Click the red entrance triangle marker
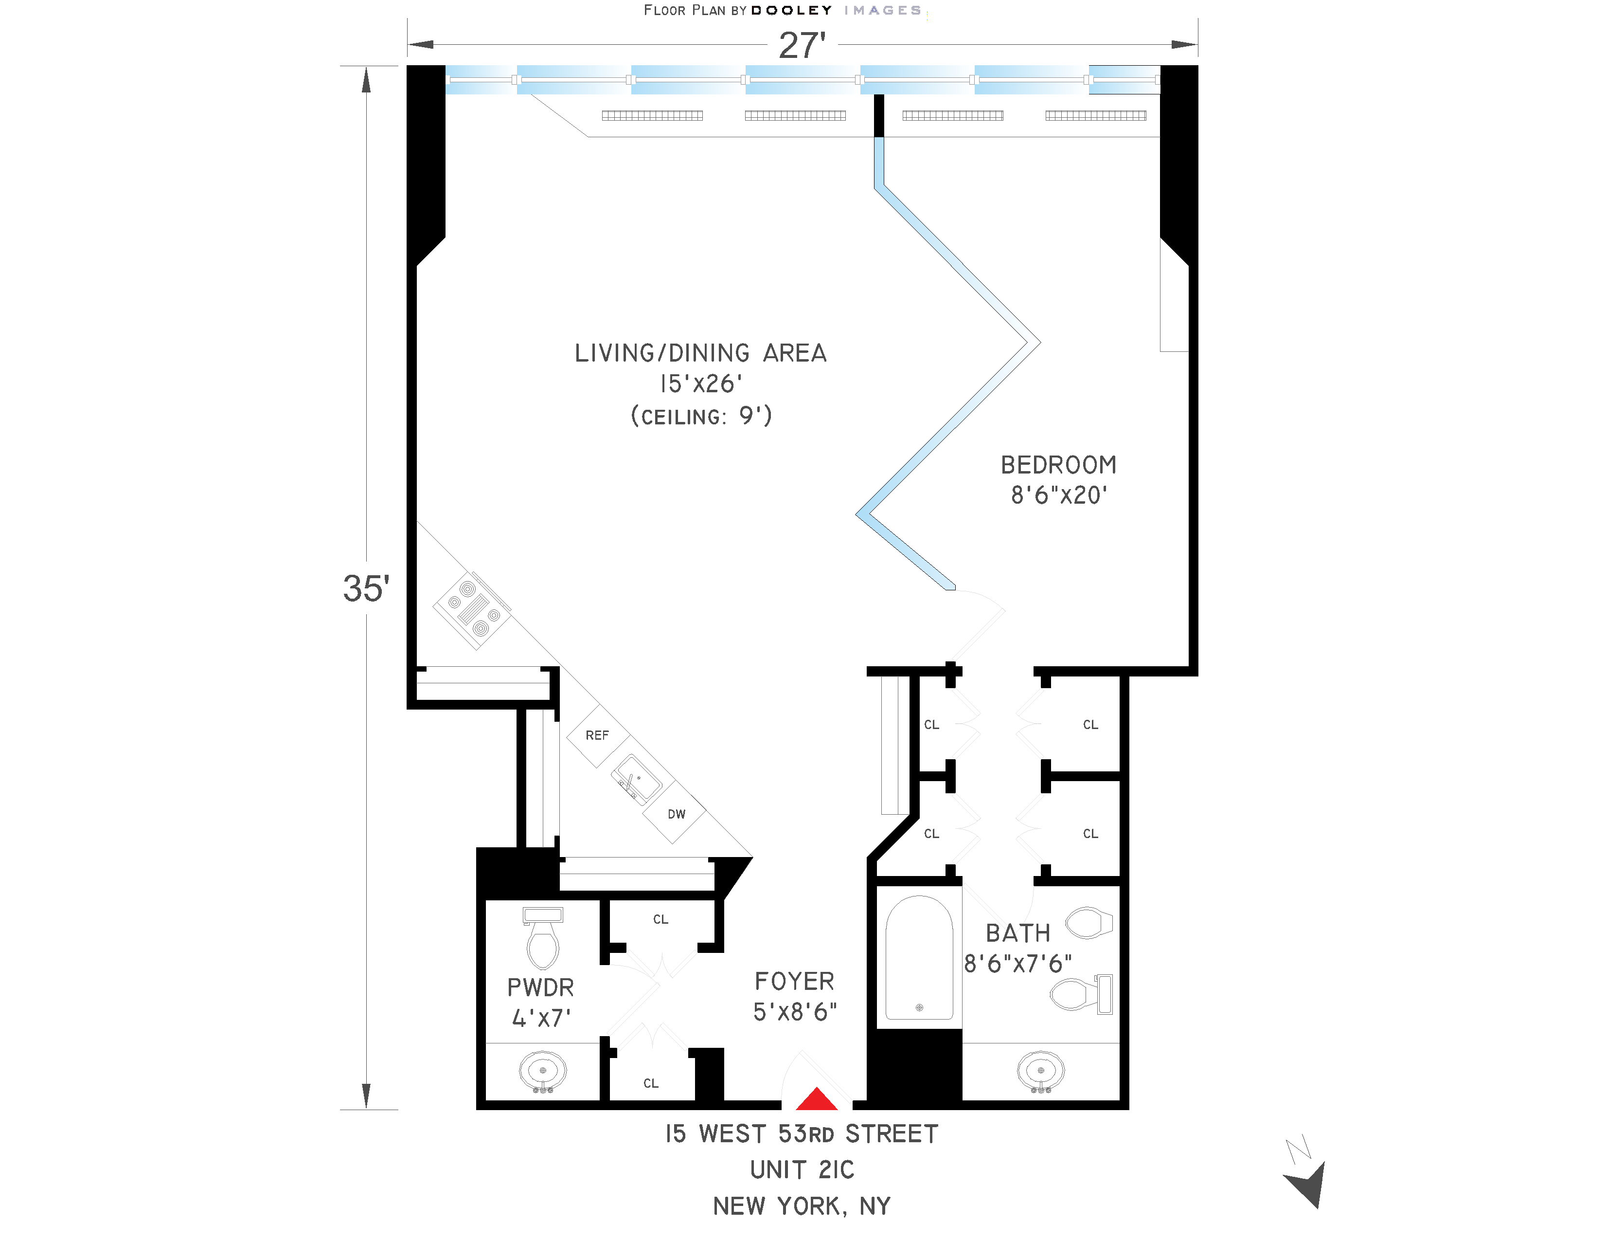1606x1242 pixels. [816, 1099]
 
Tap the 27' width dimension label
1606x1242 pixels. [802, 46]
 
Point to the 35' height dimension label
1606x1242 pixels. [365, 588]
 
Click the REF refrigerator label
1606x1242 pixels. [597, 735]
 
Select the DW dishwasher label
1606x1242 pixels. [676, 814]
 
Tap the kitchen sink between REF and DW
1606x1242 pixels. [635, 779]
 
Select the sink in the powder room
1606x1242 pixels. [543, 1071]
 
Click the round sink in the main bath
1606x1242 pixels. [1040, 1071]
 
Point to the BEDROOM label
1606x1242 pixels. [1058, 465]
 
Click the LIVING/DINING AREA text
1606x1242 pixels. [700, 353]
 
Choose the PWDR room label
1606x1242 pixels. [540, 987]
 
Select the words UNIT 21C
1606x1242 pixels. [802, 1170]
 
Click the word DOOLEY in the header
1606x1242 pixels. [791, 10]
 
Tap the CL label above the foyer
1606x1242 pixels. [660, 919]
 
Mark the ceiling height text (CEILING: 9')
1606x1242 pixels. [701, 417]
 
